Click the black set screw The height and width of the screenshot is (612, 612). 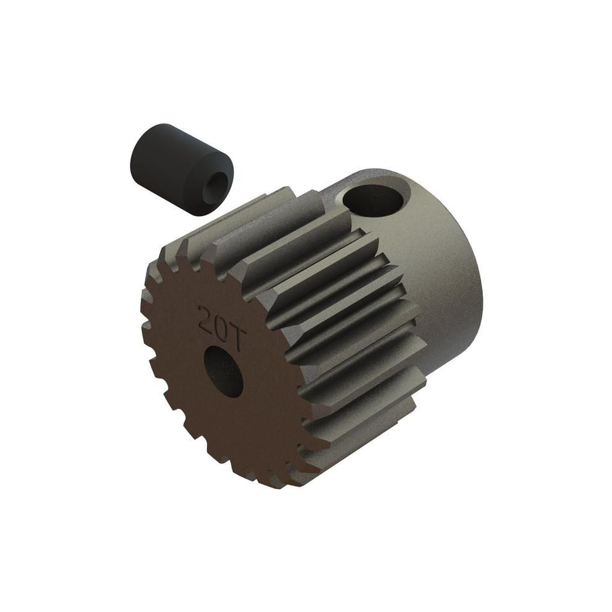pyautogui.click(x=181, y=169)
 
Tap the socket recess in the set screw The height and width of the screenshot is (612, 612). pyautogui.click(x=213, y=182)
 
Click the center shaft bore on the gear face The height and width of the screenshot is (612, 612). pyautogui.click(x=223, y=371)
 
